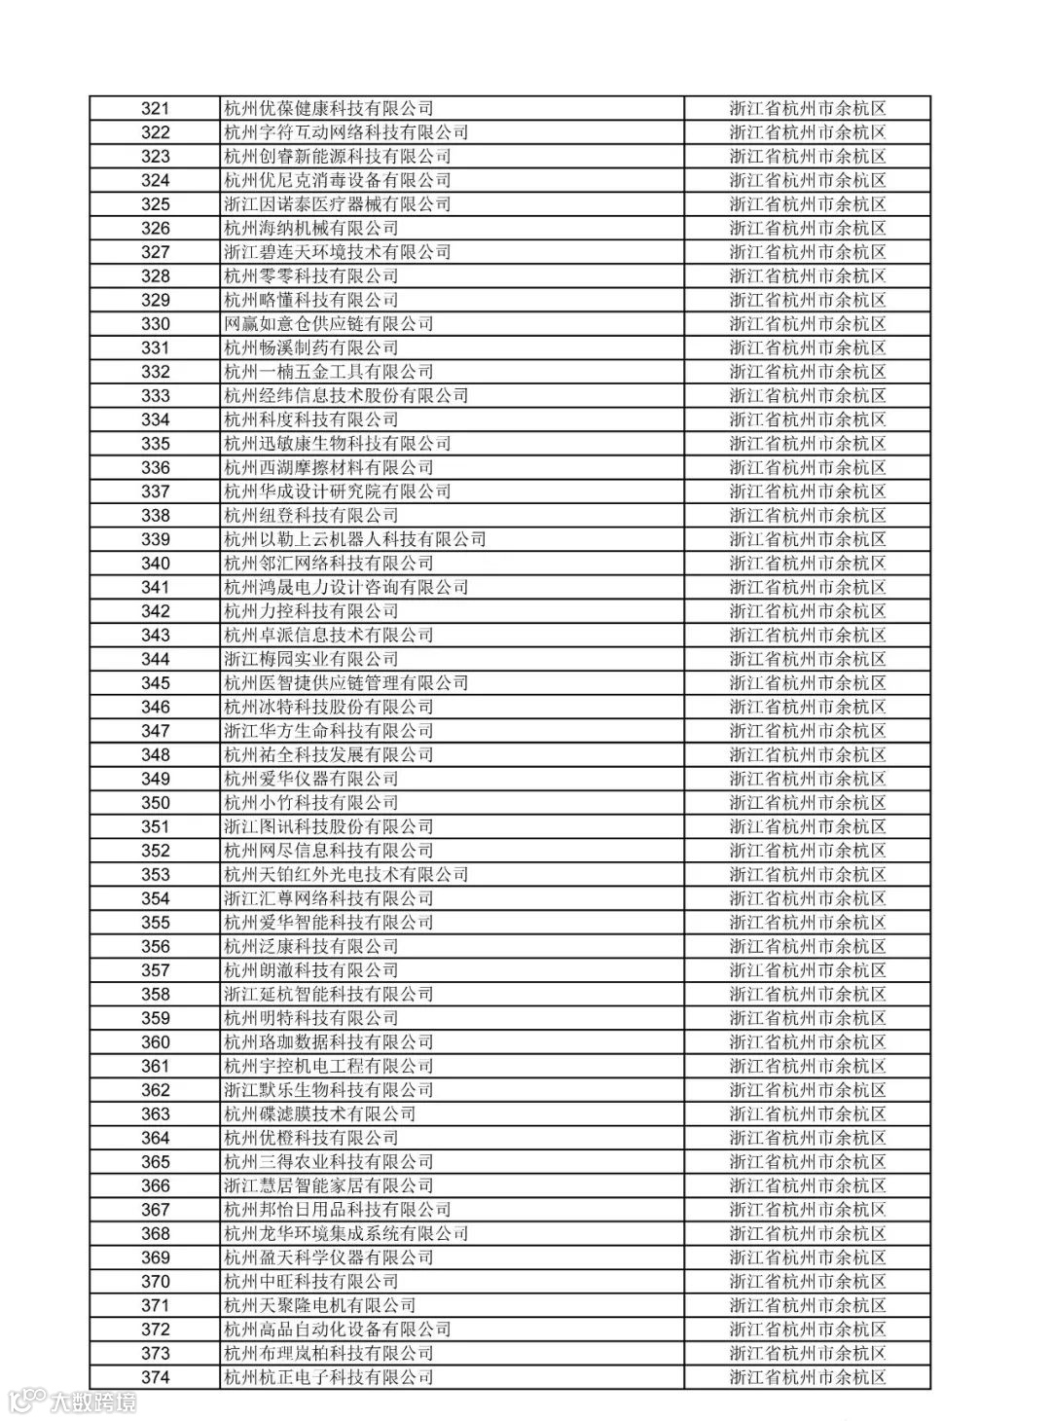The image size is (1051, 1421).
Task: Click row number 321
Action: (x=156, y=109)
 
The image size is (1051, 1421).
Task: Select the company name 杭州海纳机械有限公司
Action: (x=311, y=229)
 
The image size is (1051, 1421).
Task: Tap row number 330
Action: (x=156, y=324)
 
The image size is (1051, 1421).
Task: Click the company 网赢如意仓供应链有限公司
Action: (x=329, y=324)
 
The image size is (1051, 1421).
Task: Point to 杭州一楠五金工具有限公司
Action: (x=329, y=372)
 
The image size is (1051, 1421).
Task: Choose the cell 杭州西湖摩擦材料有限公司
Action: (x=329, y=468)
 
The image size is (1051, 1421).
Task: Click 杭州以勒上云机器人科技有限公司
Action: (x=355, y=540)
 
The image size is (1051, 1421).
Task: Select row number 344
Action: (x=156, y=659)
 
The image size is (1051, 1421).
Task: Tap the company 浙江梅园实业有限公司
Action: (x=311, y=659)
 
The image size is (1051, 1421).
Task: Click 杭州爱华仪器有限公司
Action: (x=311, y=779)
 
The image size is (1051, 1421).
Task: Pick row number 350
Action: (x=156, y=803)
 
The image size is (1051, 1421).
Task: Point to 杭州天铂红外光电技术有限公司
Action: (x=346, y=875)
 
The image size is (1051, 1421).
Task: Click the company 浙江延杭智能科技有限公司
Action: (x=329, y=995)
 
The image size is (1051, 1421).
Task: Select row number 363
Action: (x=156, y=1114)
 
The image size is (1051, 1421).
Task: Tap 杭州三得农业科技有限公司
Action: (x=329, y=1162)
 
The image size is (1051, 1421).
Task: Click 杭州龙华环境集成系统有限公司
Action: (x=346, y=1234)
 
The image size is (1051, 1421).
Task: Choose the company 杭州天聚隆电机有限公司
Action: (x=320, y=1306)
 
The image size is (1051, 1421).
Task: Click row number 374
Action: (x=156, y=1377)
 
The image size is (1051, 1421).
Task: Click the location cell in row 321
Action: (x=808, y=109)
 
